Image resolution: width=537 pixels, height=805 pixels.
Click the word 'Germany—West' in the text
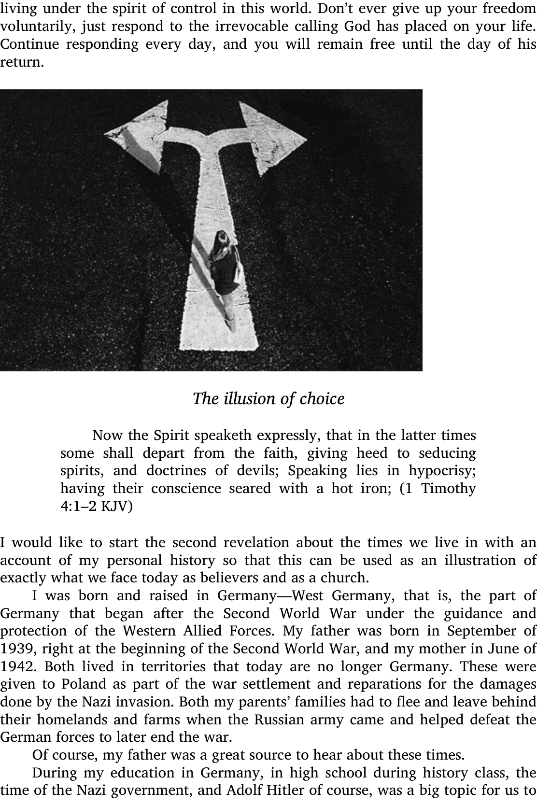270,596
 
